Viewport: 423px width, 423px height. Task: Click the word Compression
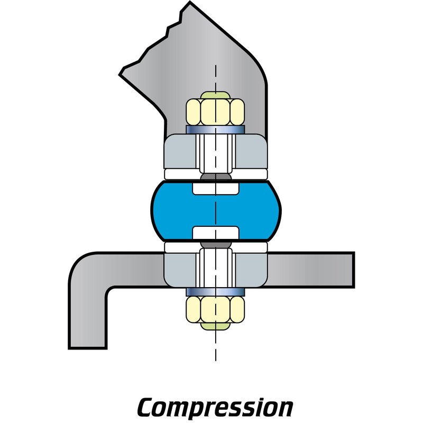coord(215,407)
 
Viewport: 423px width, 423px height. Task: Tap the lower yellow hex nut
coord(215,309)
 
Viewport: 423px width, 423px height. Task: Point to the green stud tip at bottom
coord(215,325)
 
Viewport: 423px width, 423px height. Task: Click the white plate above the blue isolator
coord(180,174)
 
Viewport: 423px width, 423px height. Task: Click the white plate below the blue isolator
coord(180,246)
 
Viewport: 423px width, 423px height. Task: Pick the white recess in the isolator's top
coord(215,188)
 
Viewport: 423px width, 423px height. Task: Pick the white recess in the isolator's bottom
coord(215,233)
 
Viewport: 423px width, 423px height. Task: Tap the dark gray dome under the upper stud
coord(215,177)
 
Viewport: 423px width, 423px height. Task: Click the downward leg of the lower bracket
coord(88,317)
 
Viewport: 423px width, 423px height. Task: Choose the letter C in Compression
coord(148,407)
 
